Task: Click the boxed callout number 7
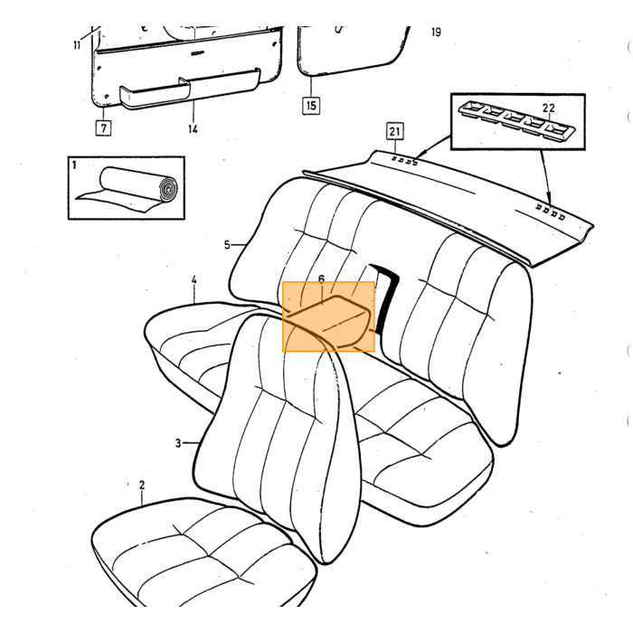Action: (104, 128)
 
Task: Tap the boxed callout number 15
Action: (311, 106)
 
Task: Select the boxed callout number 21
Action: (394, 131)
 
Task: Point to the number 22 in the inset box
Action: (548, 109)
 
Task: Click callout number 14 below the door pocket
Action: (193, 128)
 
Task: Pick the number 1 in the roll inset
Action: (73, 165)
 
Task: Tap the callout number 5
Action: (227, 245)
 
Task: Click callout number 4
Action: (194, 279)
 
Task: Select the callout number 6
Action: (321, 279)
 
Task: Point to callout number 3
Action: (178, 443)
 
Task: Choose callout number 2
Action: (142, 485)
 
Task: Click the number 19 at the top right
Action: (436, 32)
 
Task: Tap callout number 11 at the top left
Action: (77, 45)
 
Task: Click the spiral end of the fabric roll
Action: (168, 188)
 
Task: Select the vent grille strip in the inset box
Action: (517, 120)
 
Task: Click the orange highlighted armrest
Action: (328, 316)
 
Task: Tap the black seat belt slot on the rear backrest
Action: (385, 297)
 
